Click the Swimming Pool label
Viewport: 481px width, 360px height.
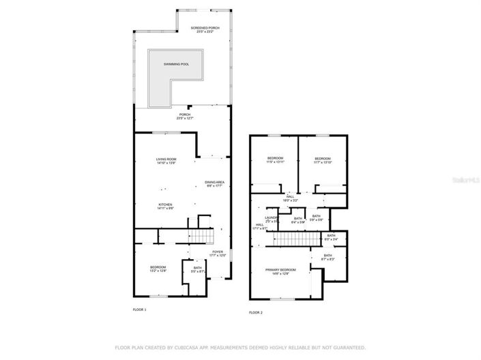[x=175, y=64]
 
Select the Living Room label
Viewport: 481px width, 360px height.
[x=166, y=161]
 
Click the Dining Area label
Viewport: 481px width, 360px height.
[x=214, y=183]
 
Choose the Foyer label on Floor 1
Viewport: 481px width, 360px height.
[x=218, y=254]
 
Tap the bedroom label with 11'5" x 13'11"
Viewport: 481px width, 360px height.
[x=274, y=160]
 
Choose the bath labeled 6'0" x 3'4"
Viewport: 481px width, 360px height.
[x=331, y=237]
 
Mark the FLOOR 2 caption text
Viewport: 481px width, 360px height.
[x=256, y=312]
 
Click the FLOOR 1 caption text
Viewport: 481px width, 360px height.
[x=139, y=310]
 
